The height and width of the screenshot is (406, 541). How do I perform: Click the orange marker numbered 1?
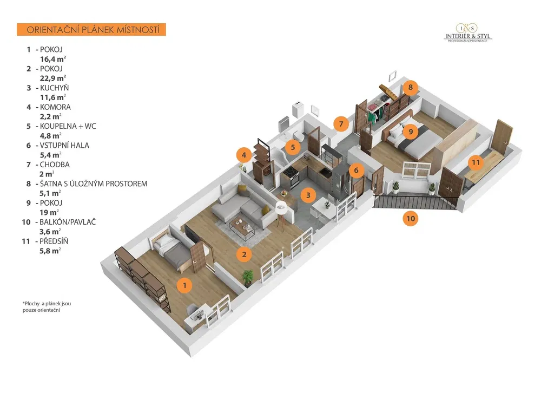click(184, 285)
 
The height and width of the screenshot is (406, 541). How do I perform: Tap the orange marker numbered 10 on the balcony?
click(410, 218)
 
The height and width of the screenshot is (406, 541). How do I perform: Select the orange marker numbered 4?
click(244, 155)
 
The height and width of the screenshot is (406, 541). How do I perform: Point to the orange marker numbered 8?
click(410, 87)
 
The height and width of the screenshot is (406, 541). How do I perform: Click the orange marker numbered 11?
click(476, 162)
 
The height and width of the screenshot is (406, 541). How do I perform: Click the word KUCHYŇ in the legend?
click(55, 88)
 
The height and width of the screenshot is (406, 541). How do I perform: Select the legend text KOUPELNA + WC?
click(68, 126)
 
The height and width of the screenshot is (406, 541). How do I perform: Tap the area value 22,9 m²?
click(53, 78)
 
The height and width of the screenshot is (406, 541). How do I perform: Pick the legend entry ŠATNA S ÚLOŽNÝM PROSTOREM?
click(94, 184)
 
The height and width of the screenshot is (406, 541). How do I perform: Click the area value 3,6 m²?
click(50, 232)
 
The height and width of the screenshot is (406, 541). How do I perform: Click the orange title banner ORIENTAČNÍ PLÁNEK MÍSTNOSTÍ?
click(91, 30)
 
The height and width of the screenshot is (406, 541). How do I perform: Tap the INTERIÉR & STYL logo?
click(467, 33)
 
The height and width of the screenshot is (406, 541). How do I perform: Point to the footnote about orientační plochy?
click(47, 306)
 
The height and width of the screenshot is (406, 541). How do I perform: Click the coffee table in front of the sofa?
click(242, 228)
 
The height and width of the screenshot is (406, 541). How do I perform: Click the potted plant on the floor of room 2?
click(247, 278)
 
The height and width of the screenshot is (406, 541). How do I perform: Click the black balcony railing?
click(415, 202)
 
